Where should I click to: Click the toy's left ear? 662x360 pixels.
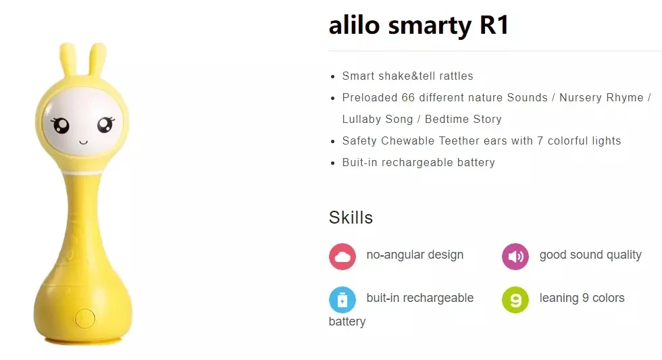point(68,59)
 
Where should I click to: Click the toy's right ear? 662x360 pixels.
point(97,59)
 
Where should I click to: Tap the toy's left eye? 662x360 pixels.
point(61,125)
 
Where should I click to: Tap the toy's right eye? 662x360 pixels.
point(105,124)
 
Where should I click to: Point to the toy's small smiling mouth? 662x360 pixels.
point(84,143)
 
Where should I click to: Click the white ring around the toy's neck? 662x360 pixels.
point(83,172)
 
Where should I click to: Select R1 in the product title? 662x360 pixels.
point(494,25)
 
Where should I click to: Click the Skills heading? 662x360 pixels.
point(351,217)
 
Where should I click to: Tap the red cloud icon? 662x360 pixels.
point(342,257)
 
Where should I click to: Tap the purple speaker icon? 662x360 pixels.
point(515,257)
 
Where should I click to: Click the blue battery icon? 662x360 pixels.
point(342,300)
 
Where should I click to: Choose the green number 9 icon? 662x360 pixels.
point(515,300)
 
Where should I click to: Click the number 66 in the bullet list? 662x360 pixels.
point(408,97)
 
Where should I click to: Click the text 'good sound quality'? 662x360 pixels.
point(590,255)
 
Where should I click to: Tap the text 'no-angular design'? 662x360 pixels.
point(415,255)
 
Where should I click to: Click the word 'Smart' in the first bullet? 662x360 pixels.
point(359,76)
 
